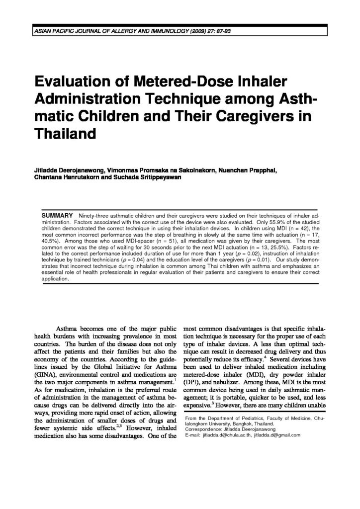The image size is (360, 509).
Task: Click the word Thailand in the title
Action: tap(64, 133)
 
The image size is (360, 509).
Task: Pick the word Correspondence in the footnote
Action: tap(205, 429)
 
